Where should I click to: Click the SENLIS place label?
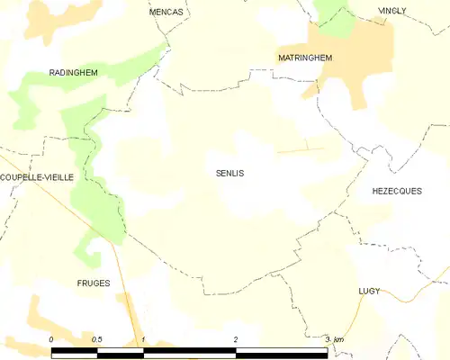[230, 173]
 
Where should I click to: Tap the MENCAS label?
[166, 12]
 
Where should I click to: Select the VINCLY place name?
[392, 11]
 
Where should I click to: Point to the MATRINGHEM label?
[305, 58]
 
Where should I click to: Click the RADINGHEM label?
[73, 72]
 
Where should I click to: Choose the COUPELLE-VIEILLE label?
[37, 177]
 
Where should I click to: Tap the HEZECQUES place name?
[397, 191]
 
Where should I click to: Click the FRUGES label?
[94, 283]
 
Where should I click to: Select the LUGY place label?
[368, 292]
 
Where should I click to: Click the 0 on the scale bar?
[51, 339]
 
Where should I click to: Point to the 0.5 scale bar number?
[96, 339]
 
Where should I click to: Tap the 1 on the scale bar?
[143, 339]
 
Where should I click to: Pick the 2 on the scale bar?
[236, 339]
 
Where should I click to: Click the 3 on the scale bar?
[328, 339]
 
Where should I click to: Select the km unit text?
[339, 339]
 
